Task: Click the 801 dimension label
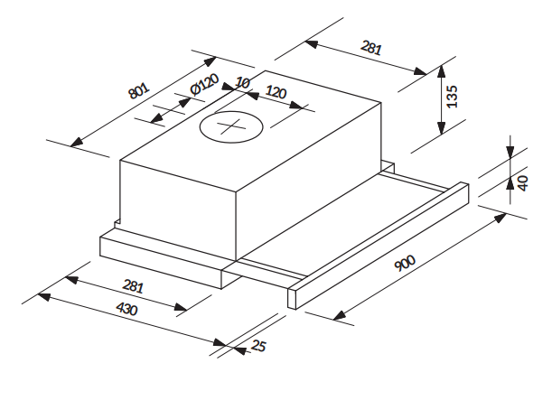click(x=138, y=91)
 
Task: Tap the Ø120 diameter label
click(x=205, y=88)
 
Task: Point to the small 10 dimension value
click(x=241, y=83)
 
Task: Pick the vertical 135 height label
click(x=453, y=96)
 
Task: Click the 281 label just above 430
click(x=133, y=287)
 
